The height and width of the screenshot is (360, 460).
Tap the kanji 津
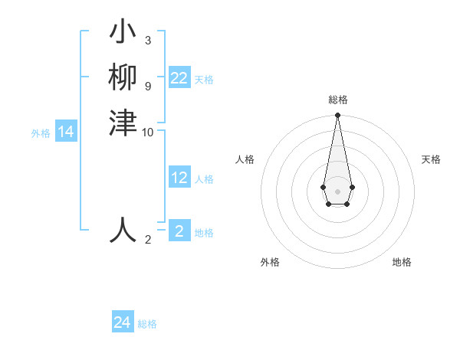click(123, 123)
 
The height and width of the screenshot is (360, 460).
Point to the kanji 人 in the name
click(123, 230)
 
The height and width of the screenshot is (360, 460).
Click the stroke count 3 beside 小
click(147, 41)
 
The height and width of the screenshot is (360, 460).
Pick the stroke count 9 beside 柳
click(147, 86)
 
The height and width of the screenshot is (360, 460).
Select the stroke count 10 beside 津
click(148, 133)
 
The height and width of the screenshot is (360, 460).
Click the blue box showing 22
click(179, 78)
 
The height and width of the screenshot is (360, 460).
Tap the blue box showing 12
click(179, 178)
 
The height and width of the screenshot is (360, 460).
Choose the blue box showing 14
click(66, 133)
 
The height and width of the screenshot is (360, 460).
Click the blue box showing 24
click(123, 322)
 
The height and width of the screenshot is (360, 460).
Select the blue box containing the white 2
click(179, 231)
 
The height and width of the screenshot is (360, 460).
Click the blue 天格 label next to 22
click(204, 80)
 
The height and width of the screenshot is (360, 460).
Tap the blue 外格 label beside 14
click(41, 133)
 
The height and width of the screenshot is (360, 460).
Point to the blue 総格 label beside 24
click(147, 324)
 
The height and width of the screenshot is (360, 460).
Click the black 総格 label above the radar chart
click(337, 100)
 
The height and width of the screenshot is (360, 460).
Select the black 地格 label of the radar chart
click(402, 263)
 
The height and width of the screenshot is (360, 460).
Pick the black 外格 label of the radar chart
click(270, 263)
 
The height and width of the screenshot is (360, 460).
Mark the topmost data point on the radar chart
click(337, 116)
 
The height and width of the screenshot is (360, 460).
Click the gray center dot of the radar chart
click(337, 191)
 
